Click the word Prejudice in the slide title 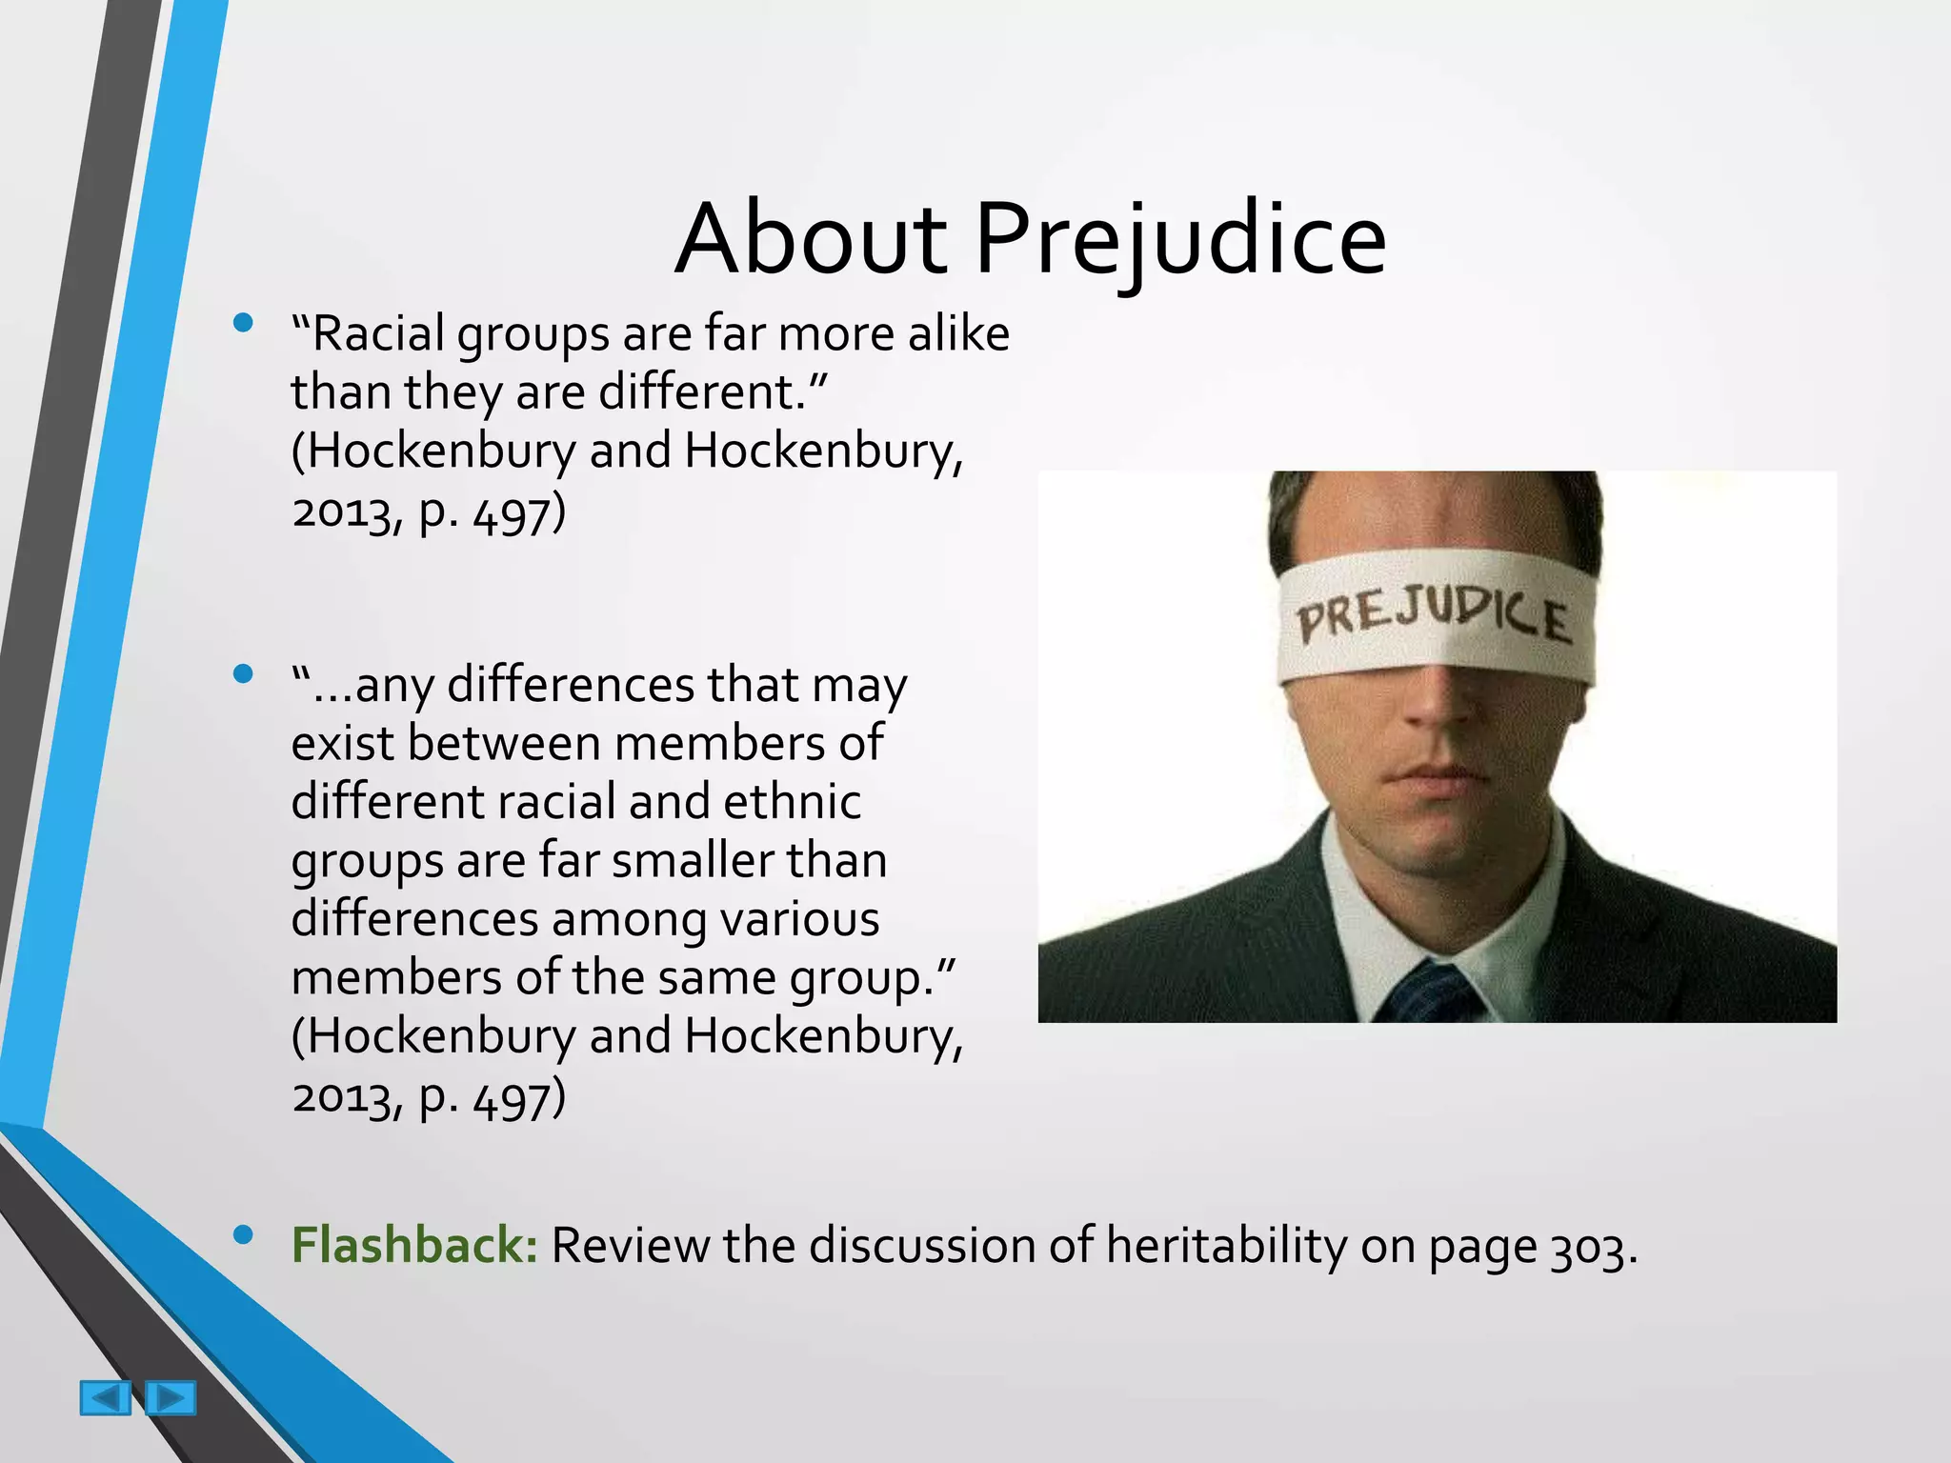[1179, 240]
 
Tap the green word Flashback [414, 1245]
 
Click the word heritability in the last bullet [1225, 1245]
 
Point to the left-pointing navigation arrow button [105, 1398]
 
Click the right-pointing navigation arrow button [171, 1398]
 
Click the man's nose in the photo [1438, 705]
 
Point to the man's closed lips [1438, 776]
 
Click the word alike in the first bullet [958, 334]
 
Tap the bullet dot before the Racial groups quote [243, 323]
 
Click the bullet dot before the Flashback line [243, 1234]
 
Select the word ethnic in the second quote [792, 802]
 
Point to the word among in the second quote [628, 920]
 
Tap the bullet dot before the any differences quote [243, 674]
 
